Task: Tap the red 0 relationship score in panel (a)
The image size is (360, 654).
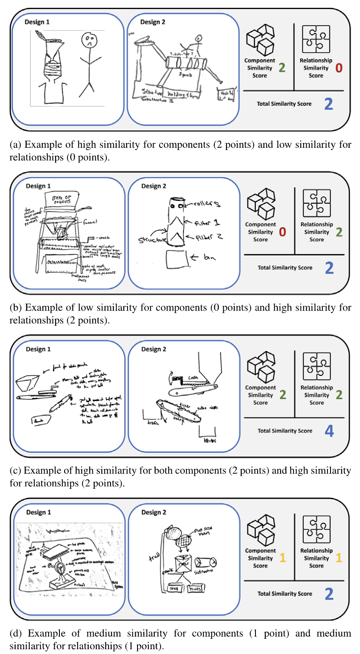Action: [x=339, y=68]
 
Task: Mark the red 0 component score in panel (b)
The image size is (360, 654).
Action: [x=282, y=232]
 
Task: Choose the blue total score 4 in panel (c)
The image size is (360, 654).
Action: [x=329, y=431]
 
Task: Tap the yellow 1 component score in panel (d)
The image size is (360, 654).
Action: [x=282, y=558]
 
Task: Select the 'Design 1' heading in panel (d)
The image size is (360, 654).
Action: [x=38, y=512]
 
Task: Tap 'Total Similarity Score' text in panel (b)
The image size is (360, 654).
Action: [x=285, y=268]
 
